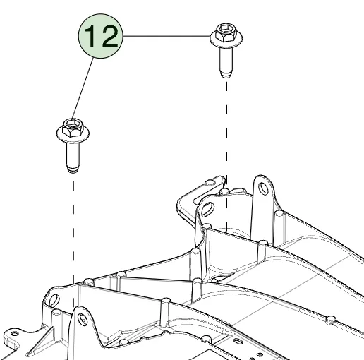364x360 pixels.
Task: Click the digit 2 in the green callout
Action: (110, 37)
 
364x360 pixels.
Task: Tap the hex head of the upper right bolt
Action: (226, 32)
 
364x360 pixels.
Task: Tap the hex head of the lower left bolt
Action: (73, 128)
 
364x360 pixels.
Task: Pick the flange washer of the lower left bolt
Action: (73, 136)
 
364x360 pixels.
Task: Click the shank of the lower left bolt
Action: (73, 154)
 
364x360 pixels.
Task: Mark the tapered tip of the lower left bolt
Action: (73, 169)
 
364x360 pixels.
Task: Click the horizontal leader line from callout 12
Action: (166, 36)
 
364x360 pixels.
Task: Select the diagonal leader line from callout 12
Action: (83, 88)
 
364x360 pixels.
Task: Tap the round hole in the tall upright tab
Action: (263, 188)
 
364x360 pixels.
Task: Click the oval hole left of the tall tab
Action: (207, 209)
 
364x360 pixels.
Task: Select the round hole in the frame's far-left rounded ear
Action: (54, 300)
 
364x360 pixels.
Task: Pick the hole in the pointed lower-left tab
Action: (83, 320)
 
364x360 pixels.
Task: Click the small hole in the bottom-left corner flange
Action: (15, 334)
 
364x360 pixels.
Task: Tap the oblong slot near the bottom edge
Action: (238, 341)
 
